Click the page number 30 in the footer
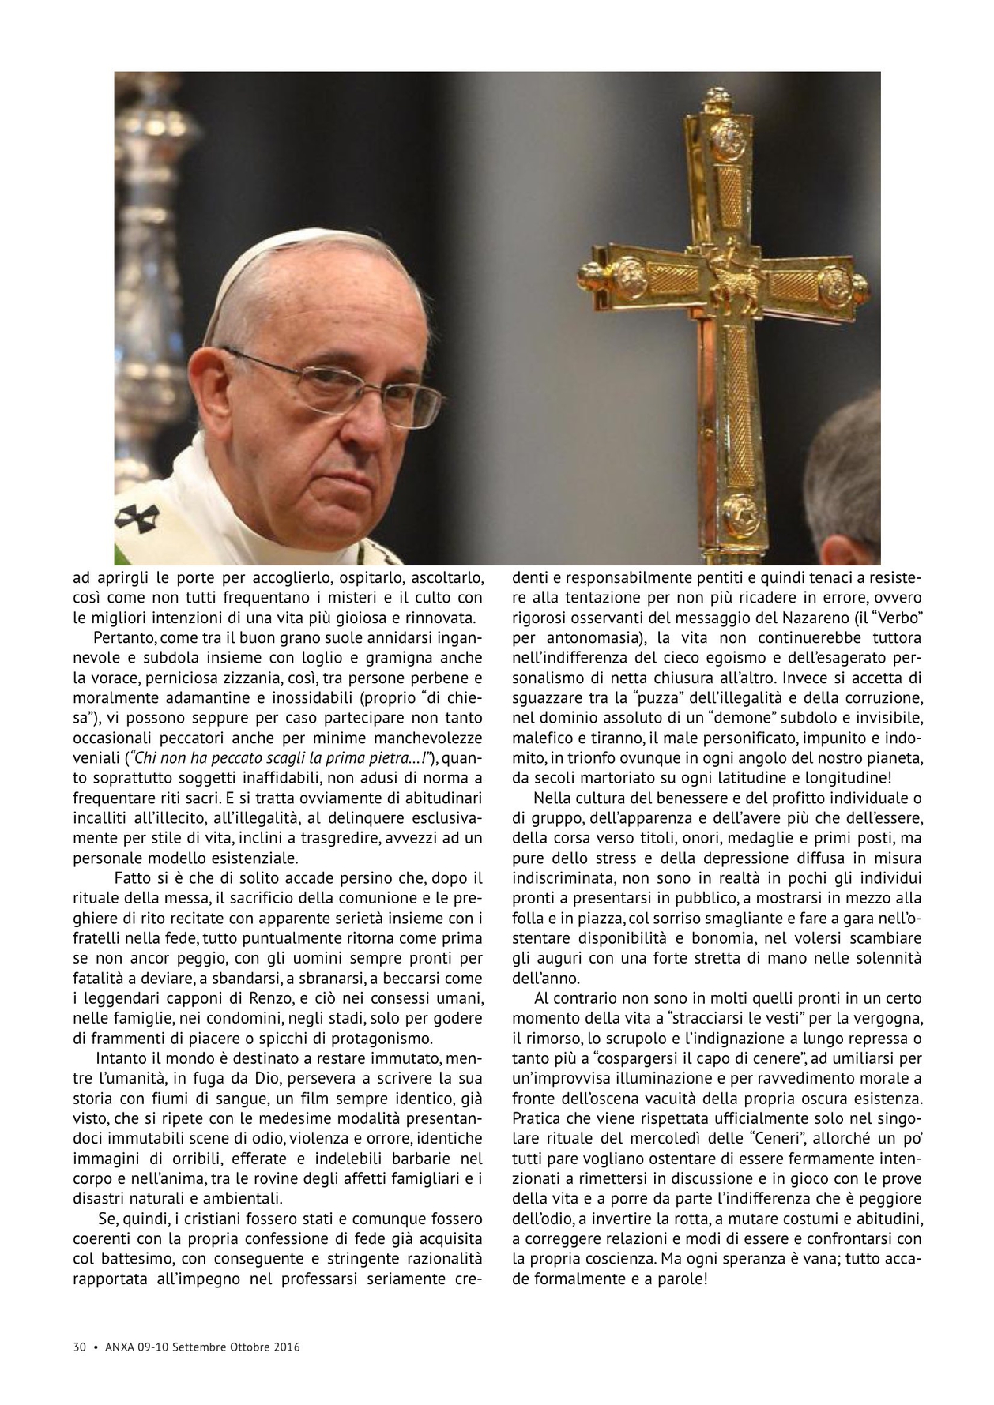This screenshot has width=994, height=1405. [x=78, y=1347]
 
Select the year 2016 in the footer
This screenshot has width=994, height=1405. [x=286, y=1347]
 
